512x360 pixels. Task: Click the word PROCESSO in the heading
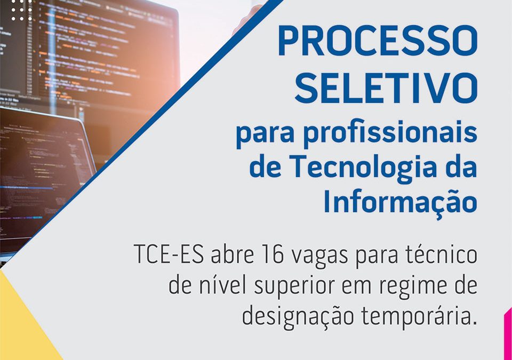pyautogui.click(x=378, y=42)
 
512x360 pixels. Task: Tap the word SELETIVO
pyautogui.click(x=386, y=88)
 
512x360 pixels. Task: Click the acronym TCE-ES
pyautogui.click(x=169, y=254)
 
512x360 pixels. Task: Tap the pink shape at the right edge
pyautogui.click(x=508, y=333)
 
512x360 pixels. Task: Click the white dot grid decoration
pyautogui.click(x=22, y=10)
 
